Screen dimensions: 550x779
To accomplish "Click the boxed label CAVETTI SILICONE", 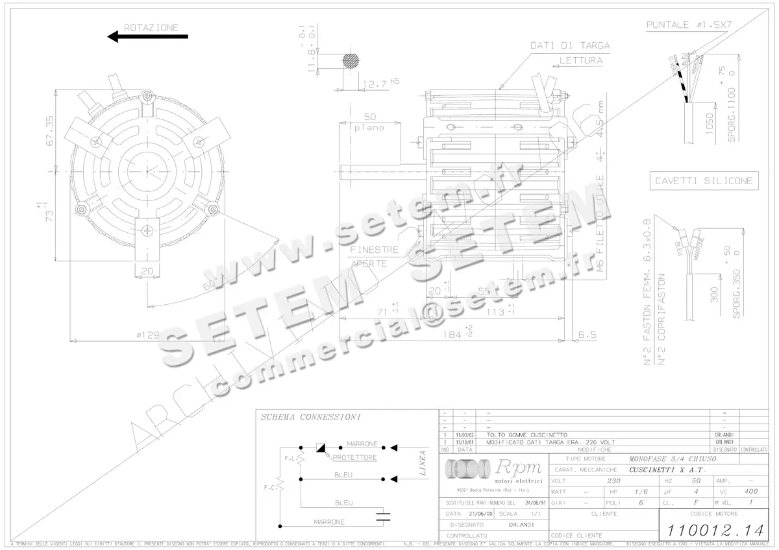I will (x=704, y=180).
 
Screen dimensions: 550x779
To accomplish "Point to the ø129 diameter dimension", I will (x=148, y=335).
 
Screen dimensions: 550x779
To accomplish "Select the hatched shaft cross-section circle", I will (x=351, y=60).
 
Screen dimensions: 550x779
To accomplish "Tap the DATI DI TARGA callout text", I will (x=569, y=45).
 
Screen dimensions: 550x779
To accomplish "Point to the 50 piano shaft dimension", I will (x=369, y=121).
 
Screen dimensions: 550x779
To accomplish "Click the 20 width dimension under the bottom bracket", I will (x=147, y=270).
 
